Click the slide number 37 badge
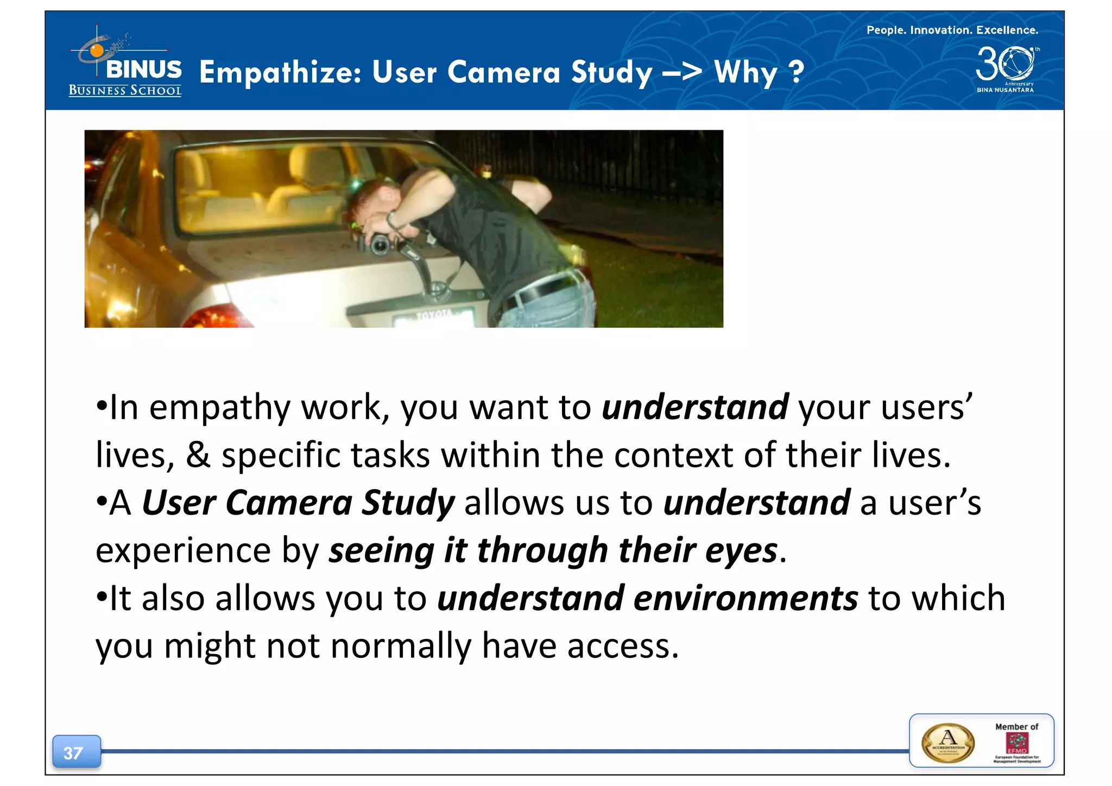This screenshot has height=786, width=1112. (x=76, y=752)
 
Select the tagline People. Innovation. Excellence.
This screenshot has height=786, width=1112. (x=952, y=30)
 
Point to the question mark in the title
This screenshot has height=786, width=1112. (x=795, y=72)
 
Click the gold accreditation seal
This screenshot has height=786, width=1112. (x=947, y=743)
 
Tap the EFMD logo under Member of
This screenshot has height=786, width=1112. (x=1016, y=743)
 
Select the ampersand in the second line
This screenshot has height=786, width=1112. (x=198, y=455)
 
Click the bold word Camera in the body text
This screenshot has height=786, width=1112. (x=289, y=503)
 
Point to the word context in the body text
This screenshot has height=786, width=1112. (x=673, y=455)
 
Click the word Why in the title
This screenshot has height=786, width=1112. (x=745, y=72)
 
